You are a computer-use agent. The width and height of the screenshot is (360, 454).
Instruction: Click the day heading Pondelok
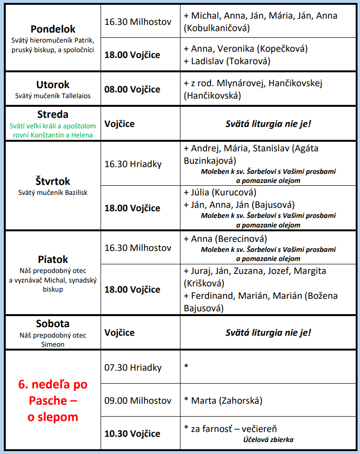pyautogui.click(x=53, y=29)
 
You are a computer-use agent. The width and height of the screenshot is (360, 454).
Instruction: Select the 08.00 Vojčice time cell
pyautogui.click(x=132, y=89)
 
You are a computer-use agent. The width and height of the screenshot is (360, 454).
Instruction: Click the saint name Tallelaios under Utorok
pyautogui.click(x=75, y=96)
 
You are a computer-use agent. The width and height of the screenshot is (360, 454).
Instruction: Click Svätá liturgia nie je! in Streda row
pyautogui.click(x=268, y=124)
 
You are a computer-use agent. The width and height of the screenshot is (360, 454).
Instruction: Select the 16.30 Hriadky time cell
pyautogui.click(x=133, y=164)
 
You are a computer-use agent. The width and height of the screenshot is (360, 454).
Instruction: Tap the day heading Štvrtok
pyautogui.click(x=53, y=181)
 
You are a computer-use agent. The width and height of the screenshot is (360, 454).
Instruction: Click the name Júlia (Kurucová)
pyautogui.click(x=220, y=193)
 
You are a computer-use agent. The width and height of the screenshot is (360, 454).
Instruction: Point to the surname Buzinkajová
pyautogui.click(x=210, y=160)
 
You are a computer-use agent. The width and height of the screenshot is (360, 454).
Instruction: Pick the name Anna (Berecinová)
pyautogui.click(x=225, y=238)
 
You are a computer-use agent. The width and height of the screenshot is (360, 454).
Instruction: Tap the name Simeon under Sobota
pyautogui.click(x=53, y=344)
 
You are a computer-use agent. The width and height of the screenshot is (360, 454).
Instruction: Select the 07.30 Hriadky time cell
pyautogui.click(x=133, y=368)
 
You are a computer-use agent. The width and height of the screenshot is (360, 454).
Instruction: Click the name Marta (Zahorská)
pyautogui.click(x=223, y=400)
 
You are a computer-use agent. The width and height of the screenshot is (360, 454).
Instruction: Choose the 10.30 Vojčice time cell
pyautogui.click(x=132, y=433)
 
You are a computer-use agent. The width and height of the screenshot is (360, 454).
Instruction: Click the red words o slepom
pyautogui.click(x=53, y=417)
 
